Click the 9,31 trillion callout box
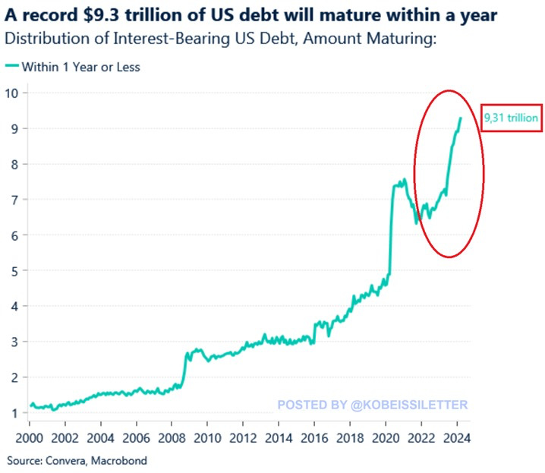(511, 118)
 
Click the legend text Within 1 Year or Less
(80, 67)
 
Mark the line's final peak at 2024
(460, 118)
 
